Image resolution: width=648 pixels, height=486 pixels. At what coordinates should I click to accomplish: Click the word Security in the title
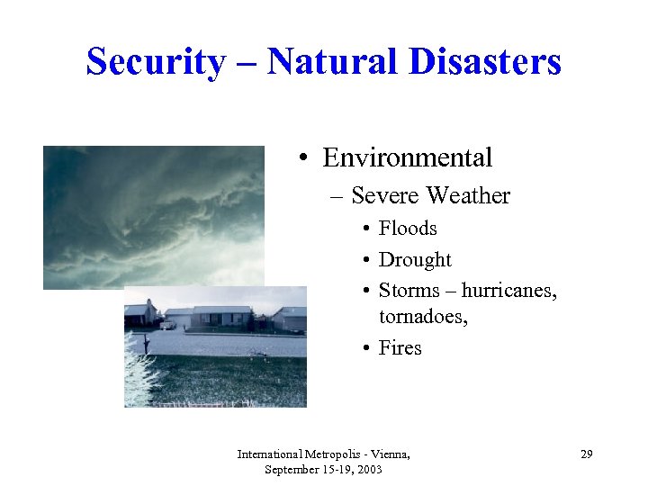point(155,62)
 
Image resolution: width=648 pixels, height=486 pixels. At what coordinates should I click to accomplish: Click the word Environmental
point(407,158)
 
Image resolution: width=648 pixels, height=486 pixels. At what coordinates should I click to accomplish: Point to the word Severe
point(386,195)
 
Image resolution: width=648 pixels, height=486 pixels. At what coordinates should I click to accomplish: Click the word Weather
point(468,195)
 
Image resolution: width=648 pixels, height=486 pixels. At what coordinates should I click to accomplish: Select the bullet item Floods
point(408,229)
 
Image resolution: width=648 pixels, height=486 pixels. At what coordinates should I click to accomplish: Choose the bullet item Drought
point(415,260)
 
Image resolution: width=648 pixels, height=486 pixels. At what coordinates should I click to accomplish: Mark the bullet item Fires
point(400,348)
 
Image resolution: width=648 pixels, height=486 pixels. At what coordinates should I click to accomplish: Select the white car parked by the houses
point(167,324)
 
